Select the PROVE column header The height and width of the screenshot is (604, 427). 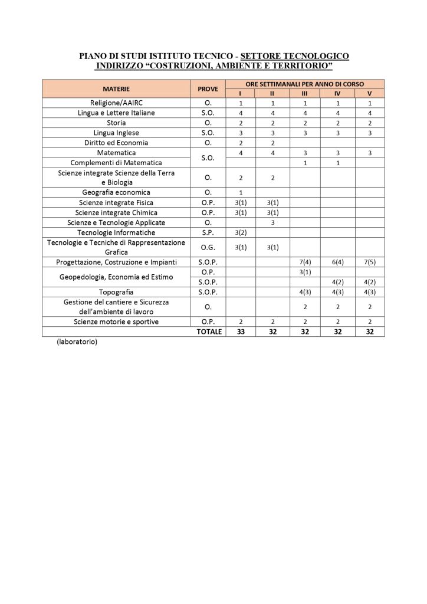[x=208, y=89]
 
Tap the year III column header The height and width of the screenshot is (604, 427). [x=304, y=93]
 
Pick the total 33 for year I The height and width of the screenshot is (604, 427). [x=240, y=332]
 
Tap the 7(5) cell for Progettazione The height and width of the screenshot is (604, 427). [x=369, y=262]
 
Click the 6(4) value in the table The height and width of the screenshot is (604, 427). [x=337, y=262]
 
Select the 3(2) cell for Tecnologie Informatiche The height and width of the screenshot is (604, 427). [x=240, y=232]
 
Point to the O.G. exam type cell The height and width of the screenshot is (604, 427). [x=208, y=247]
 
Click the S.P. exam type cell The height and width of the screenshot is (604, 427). [x=208, y=232]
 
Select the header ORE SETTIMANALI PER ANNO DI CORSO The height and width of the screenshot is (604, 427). [x=304, y=84]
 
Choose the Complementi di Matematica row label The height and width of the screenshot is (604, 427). [x=116, y=162]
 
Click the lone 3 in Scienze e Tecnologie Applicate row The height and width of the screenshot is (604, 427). [x=272, y=222]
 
